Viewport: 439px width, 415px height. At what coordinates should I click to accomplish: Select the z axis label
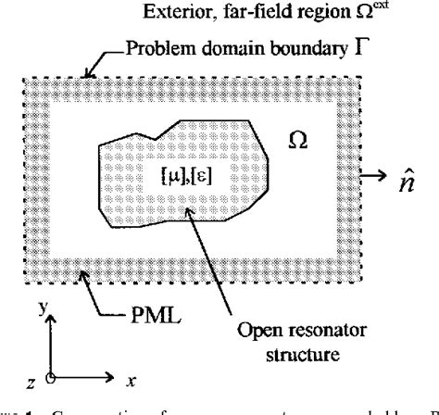pyautogui.click(x=32, y=378)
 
